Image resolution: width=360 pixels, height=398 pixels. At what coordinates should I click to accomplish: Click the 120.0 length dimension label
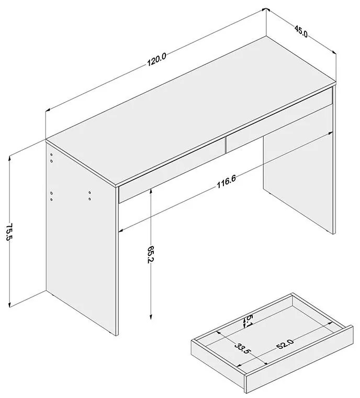tap(156, 60)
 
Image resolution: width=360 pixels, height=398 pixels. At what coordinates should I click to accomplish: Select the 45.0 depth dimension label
tap(301, 31)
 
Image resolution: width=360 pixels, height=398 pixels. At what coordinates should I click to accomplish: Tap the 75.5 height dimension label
tap(9, 231)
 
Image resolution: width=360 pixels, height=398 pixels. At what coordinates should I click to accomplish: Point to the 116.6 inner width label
tap(226, 182)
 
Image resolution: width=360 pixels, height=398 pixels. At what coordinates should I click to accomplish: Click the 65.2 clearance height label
tap(151, 255)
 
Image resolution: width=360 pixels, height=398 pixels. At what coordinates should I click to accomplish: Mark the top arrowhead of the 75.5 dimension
tap(9, 158)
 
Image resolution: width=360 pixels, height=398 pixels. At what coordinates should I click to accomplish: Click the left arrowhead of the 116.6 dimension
tap(121, 230)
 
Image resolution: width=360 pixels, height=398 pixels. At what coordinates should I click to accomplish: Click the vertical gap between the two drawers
tap(226, 145)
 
